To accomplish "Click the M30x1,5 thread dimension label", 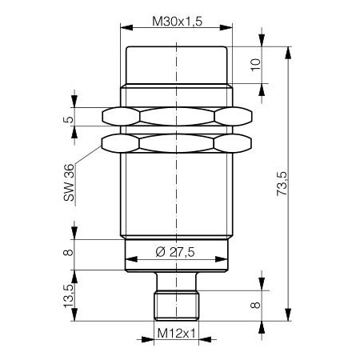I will [175, 22].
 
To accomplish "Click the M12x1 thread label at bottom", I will [175, 333].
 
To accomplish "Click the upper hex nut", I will [175, 117].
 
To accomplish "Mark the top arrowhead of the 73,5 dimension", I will [286, 50].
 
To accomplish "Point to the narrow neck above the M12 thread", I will [175, 282].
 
